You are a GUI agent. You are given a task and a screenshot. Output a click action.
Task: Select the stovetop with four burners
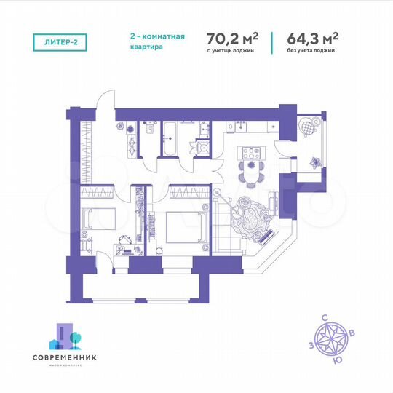tap(252, 154)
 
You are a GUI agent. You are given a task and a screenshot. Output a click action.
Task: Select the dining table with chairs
tap(251, 173)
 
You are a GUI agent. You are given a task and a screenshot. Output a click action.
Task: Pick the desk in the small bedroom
tap(124, 239)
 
